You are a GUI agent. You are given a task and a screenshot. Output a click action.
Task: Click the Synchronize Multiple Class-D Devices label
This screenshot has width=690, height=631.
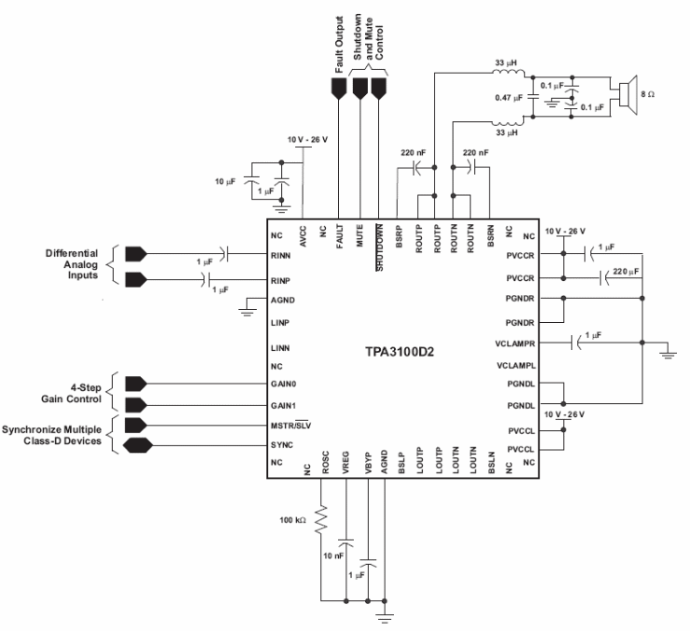[59, 432]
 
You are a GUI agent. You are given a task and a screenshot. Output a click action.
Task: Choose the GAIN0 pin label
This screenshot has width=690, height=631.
[283, 384]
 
